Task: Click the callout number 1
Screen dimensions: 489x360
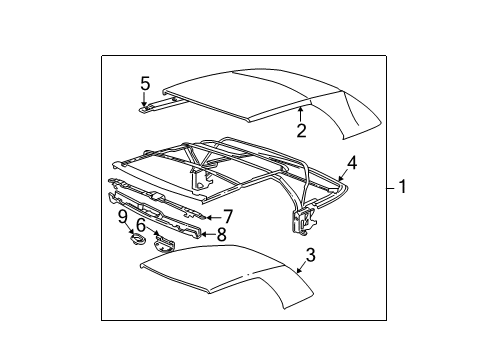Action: pyautogui.click(x=403, y=186)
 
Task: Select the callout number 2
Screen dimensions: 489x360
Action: pyautogui.click(x=301, y=130)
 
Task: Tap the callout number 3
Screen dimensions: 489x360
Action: pyautogui.click(x=310, y=255)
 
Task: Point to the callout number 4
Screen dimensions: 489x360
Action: pyautogui.click(x=352, y=164)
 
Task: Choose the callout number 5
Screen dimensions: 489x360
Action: pyautogui.click(x=145, y=83)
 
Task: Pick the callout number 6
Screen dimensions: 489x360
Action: pyautogui.click(x=141, y=225)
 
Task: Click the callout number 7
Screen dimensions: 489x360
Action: pyautogui.click(x=228, y=217)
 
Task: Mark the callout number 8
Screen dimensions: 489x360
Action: pyautogui.click(x=222, y=234)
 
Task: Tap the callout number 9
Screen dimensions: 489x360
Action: pyautogui.click(x=123, y=218)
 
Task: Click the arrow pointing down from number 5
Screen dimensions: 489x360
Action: pyautogui.click(x=144, y=99)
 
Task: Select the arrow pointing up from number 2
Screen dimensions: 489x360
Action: pyautogui.click(x=300, y=114)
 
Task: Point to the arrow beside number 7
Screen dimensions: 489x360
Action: pyautogui.click(x=214, y=218)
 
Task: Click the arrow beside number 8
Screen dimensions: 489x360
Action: pyautogui.click(x=208, y=234)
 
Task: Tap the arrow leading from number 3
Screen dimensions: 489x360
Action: pyautogui.click(x=301, y=267)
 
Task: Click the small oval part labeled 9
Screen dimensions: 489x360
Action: pyautogui.click(x=137, y=240)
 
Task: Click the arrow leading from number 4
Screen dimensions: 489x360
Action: pyautogui.click(x=342, y=176)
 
